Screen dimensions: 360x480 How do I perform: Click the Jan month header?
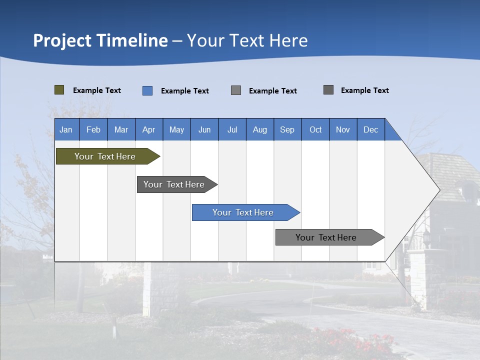[66, 129]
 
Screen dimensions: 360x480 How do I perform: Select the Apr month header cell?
[149, 129]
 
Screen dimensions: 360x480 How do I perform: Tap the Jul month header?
[232, 129]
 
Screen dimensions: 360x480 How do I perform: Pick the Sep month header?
[287, 129]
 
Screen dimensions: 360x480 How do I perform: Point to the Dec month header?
[370, 129]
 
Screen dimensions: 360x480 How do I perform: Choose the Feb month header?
[93, 129]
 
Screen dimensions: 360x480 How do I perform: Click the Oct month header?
[315, 129]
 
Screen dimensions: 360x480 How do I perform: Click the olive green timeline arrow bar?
[105, 156]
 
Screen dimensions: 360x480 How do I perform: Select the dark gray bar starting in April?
[174, 184]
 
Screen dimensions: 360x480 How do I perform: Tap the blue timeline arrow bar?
[243, 212]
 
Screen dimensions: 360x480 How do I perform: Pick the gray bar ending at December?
[326, 237]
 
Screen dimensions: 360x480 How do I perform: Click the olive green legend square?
[59, 90]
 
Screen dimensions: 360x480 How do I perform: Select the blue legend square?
[147, 90]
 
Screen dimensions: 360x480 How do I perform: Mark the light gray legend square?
[236, 90]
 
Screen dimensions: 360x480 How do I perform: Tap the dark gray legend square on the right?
[328, 90]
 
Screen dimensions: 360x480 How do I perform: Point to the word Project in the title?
[62, 40]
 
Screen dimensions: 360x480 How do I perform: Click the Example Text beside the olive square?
[97, 90]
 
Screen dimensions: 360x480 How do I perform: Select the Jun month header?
[204, 129]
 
